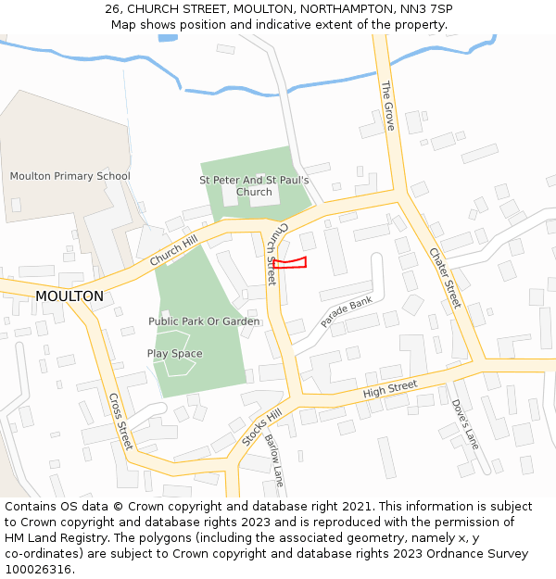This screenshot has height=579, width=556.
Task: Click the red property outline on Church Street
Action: pyautogui.click(x=289, y=263)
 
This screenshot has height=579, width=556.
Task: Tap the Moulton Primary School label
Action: pyautogui.click(x=70, y=176)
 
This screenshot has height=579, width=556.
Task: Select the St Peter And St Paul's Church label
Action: pyautogui.click(x=254, y=186)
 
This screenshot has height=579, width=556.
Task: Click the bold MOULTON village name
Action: pyautogui.click(x=69, y=296)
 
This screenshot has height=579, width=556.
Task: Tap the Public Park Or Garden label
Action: pyautogui.click(x=204, y=321)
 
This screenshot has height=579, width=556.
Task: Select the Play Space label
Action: pyautogui.click(x=174, y=354)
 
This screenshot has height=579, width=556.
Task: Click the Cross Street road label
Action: pyautogui.click(x=121, y=422)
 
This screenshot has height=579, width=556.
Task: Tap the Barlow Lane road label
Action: pyautogui.click(x=273, y=460)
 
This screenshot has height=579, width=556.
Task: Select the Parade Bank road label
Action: pyautogui.click(x=346, y=313)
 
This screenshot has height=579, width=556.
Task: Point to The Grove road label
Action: pyautogui.click(x=388, y=105)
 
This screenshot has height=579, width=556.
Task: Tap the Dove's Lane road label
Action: pyautogui.click(x=465, y=423)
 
